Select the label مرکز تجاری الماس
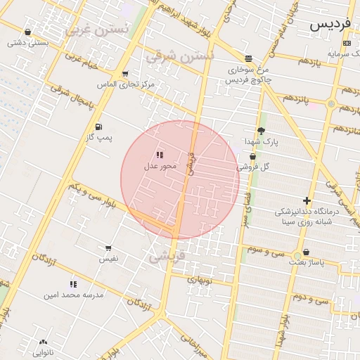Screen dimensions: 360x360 (126, 84)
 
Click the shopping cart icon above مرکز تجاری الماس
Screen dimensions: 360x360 (125, 74)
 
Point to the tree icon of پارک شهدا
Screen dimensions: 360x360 (262, 131)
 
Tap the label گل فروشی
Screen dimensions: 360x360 (253, 167)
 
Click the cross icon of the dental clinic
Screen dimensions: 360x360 (307, 200)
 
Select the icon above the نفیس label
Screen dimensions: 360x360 (108, 248)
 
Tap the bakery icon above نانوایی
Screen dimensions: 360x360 (43, 342)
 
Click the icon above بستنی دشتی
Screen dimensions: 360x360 (27, 32)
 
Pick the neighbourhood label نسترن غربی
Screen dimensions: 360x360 (98, 30)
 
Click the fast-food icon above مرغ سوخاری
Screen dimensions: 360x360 (248, 59)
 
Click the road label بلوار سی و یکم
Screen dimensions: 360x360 (90, 194)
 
